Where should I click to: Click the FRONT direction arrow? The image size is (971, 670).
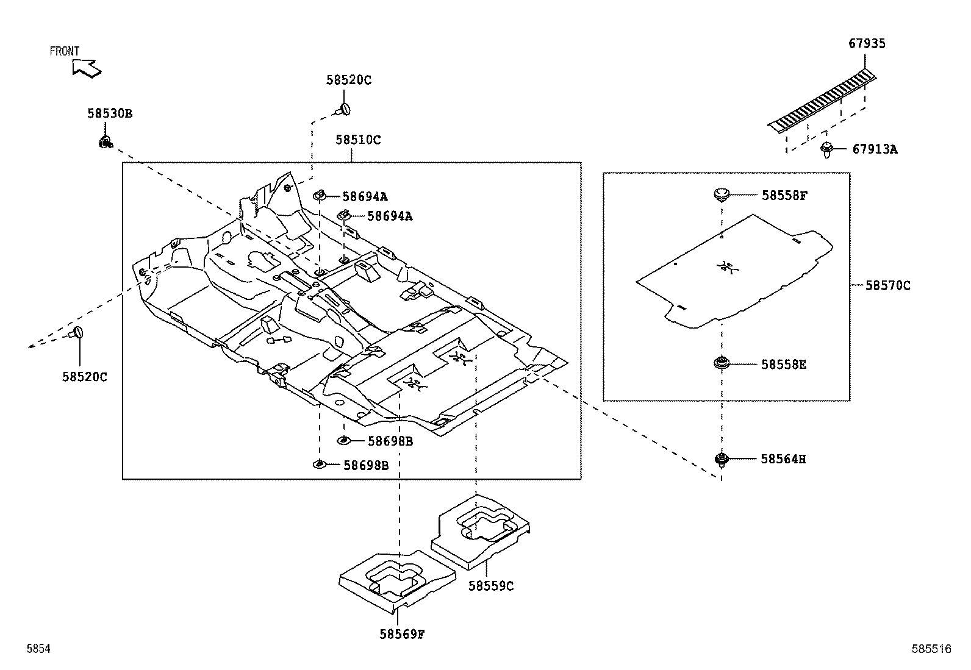[85, 68]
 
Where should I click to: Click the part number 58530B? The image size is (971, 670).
[109, 113]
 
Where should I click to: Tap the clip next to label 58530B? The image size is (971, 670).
[105, 143]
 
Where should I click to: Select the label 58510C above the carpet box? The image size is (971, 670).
[357, 140]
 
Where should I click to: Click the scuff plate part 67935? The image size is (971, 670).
[823, 101]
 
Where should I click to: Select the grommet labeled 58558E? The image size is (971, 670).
[722, 364]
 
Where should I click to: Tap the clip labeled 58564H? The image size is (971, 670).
[722, 459]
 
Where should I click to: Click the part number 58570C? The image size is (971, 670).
[887, 285]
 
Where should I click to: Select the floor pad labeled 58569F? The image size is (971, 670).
[396, 579]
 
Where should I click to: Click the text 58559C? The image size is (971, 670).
[491, 586]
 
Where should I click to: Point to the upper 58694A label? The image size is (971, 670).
[365, 197]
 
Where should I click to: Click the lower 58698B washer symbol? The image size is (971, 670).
[319, 465]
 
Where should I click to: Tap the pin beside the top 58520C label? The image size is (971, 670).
[344, 110]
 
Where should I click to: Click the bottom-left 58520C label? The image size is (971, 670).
[84, 377]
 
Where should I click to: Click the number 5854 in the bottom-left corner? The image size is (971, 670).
[38, 650]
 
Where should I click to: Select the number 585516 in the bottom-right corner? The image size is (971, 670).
[931, 650]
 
